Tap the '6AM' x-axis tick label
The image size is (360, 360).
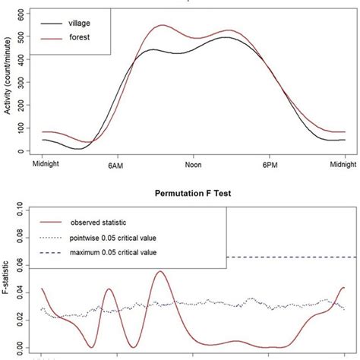click(116, 165)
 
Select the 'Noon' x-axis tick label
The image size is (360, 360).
click(193, 165)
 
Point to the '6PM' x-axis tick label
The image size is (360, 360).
click(270, 165)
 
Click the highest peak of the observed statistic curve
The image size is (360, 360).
click(159, 271)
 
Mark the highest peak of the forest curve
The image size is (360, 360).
click(162, 25)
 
